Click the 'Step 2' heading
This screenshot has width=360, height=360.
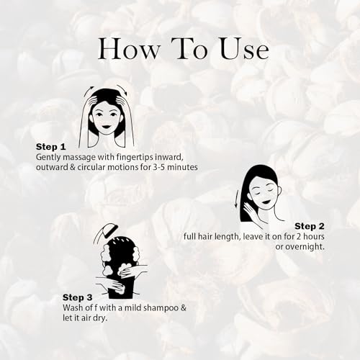[x=310, y=225]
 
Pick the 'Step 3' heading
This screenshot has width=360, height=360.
[x=78, y=297]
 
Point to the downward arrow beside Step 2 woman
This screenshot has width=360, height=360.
[x=236, y=199]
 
